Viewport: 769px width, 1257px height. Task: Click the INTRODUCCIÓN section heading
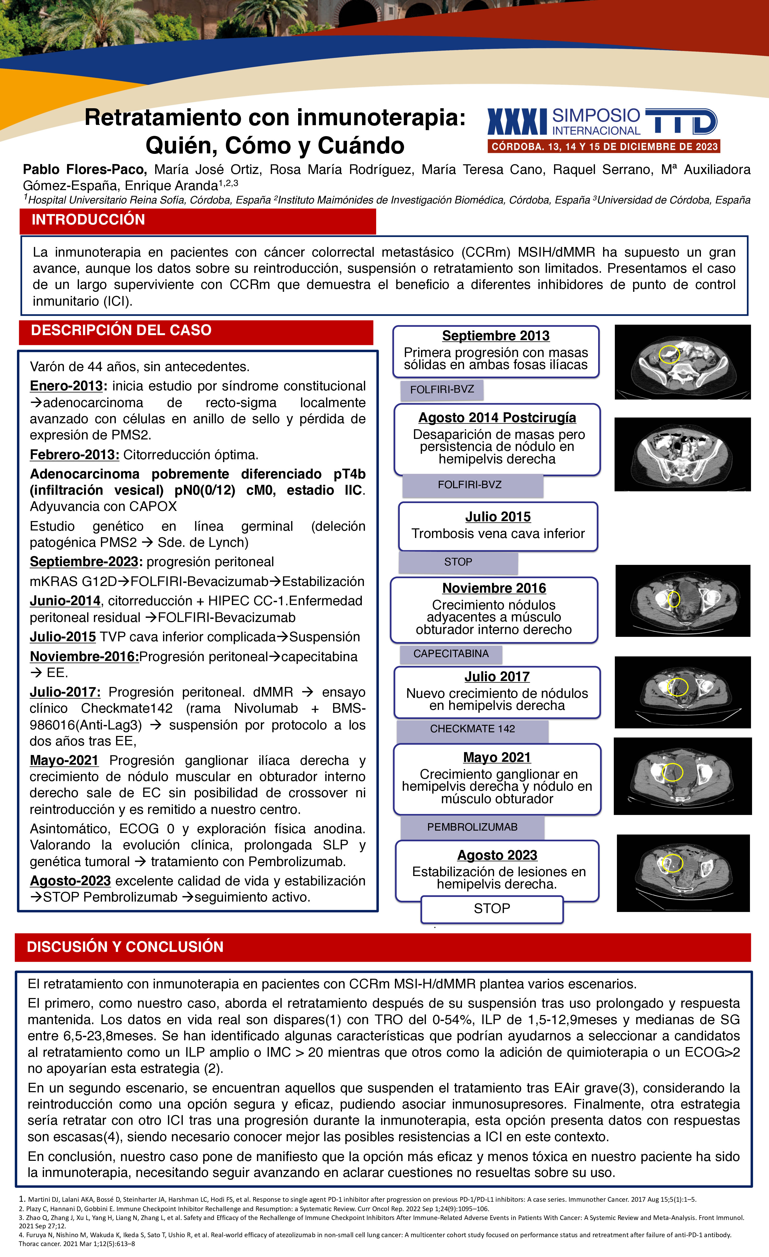pyautogui.click(x=88, y=220)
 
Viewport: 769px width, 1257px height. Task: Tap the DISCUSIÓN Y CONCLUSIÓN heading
pyautogui.click(x=125, y=947)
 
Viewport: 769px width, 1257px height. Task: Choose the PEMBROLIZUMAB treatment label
pyautogui.click(x=472, y=827)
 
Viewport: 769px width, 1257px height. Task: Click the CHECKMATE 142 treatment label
pyautogui.click(x=472, y=729)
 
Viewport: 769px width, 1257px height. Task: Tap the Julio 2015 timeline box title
pyautogui.click(x=497, y=517)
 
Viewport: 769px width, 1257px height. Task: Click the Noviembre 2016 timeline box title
pyautogui.click(x=494, y=588)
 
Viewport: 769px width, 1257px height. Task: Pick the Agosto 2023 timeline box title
pyautogui.click(x=497, y=855)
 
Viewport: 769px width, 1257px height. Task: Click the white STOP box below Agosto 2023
pyautogui.click(x=492, y=909)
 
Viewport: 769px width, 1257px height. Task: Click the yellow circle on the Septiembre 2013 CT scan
pyautogui.click(x=669, y=354)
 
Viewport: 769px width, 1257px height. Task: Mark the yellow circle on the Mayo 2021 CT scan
pyautogui.click(x=672, y=772)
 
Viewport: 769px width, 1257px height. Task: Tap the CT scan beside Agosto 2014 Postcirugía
pyautogui.click(x=682, y=455)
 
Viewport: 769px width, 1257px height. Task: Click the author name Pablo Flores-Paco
pyautogui.click(x=85, y=169)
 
